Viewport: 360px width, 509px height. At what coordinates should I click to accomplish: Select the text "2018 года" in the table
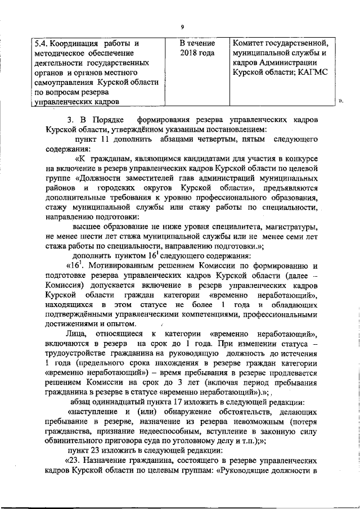click(x=197, y=53)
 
